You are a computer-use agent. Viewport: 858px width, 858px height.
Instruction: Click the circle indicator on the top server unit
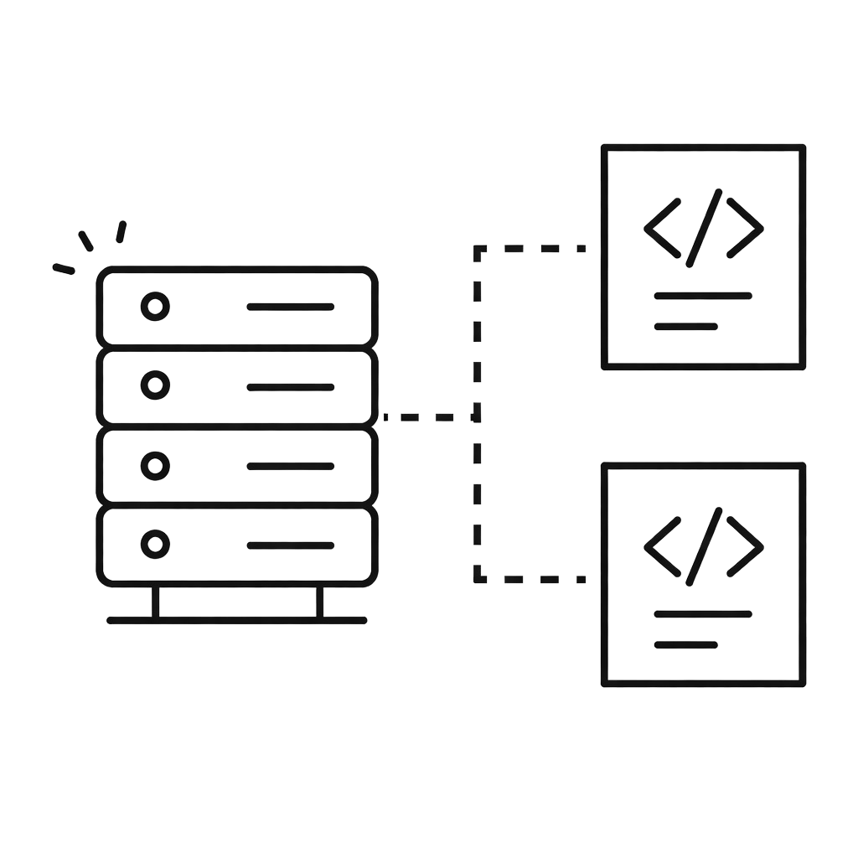pos(154,308)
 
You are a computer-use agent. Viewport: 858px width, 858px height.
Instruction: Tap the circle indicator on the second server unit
pos(154,385)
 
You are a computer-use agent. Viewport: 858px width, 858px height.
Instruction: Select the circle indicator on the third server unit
pos(154,465)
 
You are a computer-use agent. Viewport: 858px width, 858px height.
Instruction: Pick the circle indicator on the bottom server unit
pos(154,545)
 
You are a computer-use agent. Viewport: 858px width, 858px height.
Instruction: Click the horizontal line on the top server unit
pos(290,307)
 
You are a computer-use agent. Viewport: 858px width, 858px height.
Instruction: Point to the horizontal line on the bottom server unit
pos(290,545)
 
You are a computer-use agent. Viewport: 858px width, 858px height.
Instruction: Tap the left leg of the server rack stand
pos(155,602)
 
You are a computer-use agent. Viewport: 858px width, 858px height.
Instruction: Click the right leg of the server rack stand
pos(319,602)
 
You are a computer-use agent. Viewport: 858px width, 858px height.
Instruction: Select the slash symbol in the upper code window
pos(704,228)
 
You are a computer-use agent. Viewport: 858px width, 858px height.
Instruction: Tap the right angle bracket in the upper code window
pos(745,227)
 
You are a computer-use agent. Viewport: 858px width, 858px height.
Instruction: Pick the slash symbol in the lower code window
pos(704,546)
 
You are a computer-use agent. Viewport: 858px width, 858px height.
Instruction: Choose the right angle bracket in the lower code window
pos(745,546)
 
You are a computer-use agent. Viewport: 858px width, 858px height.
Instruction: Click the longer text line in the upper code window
pos(702,296)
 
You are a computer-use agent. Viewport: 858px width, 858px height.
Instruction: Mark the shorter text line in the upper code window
pos(685,326)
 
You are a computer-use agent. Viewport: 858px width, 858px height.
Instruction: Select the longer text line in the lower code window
pos(702,614)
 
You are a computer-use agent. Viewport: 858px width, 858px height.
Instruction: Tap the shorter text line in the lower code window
pos(685,644)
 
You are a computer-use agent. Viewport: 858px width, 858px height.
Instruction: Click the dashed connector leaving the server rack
pos(427,416)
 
